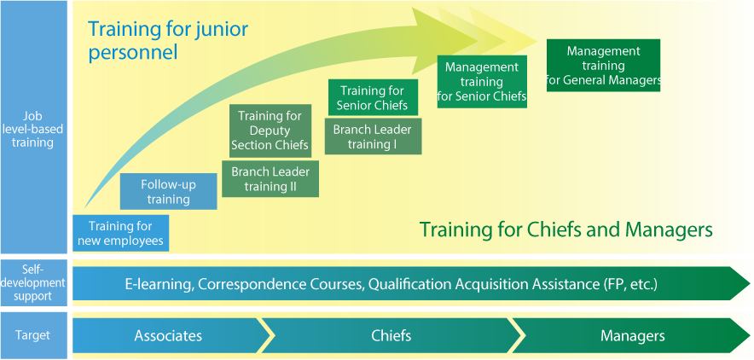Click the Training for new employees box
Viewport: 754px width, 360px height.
pos(121,233)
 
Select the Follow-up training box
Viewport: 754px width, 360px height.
pos(168,191)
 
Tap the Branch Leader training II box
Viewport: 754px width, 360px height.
pos(270,179)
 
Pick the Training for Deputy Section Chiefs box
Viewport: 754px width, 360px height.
pos(270,131)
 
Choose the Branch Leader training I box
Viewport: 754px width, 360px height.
pos(373,136)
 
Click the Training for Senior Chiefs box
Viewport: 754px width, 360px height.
pos(373,97)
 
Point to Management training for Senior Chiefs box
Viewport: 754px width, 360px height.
pos(482,81)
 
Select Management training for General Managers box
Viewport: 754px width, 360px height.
pos(604,66)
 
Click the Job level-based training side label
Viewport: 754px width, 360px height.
pos(33,127)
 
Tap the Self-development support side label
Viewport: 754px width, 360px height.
pos(33,282)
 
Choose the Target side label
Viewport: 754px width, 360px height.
pos(33,335)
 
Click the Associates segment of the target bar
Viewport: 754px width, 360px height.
pos(168,335)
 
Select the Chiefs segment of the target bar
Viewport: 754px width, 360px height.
pos(391,335)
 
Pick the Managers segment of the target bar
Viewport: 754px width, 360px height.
pos(632,335)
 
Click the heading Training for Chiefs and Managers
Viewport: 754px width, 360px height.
pos(566,229)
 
